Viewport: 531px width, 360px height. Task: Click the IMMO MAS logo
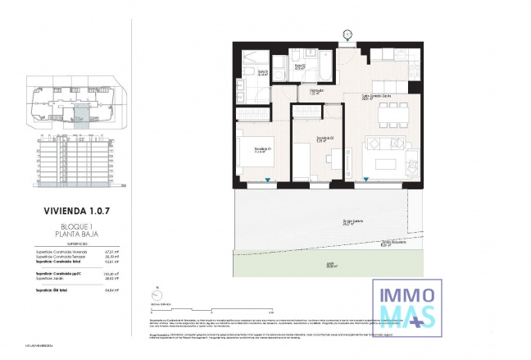[407, 305]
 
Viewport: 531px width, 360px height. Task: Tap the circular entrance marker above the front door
[347, 34]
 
